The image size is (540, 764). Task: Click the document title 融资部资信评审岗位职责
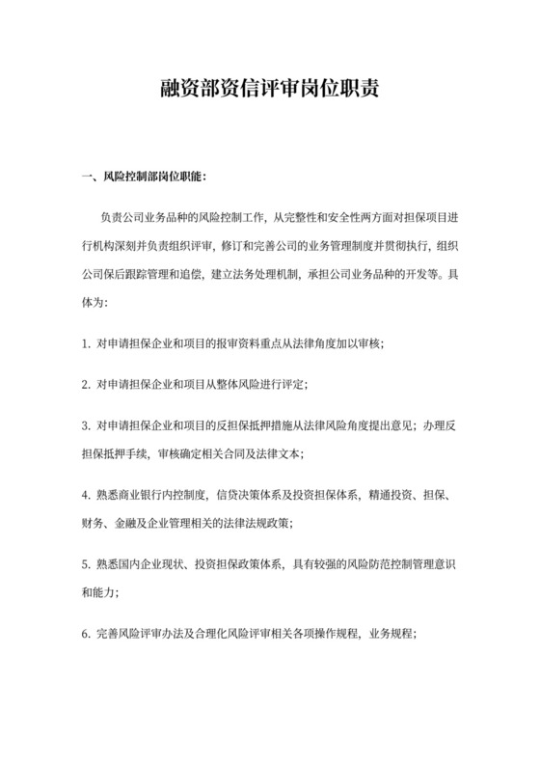pyautogui.click(x=270, y=91)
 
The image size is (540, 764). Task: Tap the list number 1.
pyautogui.click(x=86, y=343)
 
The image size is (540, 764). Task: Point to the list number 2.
pyautogui.click(x=86, y=384)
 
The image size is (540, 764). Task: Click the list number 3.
pyautogui.click(x=86, y=424)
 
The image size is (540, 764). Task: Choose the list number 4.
pyautogui.click(x=86, y=495)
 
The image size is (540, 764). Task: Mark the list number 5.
pyautogui.click(x=86, y=565)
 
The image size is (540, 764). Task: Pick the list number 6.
pyautogui.click(x=86, y=636)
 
